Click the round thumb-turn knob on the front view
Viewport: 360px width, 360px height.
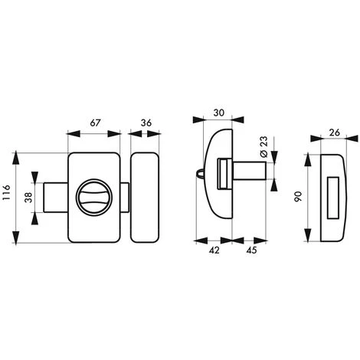pyautogui.click(x=94, y=198)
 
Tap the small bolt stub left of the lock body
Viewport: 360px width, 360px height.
pyautogui.click(x=56, y=197)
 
